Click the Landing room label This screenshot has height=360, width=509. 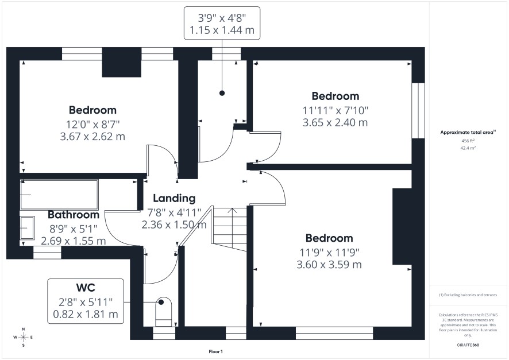pos(174,198)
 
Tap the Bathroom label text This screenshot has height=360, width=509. pos(74,215)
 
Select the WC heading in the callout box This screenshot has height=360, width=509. pos(86,287)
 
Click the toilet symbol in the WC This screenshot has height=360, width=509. pos(163,311)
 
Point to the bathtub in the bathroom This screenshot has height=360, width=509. pos(59,195)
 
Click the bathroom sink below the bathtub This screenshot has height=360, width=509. pos(27,228)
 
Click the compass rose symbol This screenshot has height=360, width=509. pos(24,337)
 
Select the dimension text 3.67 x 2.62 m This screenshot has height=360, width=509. pos(92,137)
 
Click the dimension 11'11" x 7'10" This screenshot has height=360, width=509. pos(336,111)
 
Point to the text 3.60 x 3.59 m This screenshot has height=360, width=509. pos(329,265)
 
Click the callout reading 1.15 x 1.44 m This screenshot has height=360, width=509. pos(222,30)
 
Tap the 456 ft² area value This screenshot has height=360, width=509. pos(468,141)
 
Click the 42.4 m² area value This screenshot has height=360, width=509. pos(468,148)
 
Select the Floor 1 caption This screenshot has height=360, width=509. pos(215,351)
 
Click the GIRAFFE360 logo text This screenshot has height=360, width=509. pos(468,345)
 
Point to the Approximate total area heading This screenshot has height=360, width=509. pos(468,132)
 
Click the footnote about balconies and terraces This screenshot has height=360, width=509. pos(468,295)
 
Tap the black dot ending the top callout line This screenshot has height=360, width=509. pos(222,93)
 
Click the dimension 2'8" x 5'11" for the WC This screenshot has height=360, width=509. pos(86,302)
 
